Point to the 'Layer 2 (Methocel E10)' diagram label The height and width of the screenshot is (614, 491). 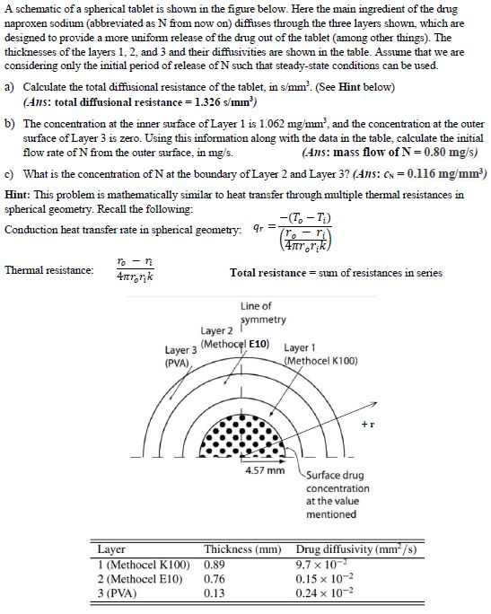(x=231, y=337)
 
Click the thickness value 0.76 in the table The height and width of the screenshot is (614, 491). (x=216, y=580)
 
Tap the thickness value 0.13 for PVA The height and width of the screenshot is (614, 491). (x=216, y=594)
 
